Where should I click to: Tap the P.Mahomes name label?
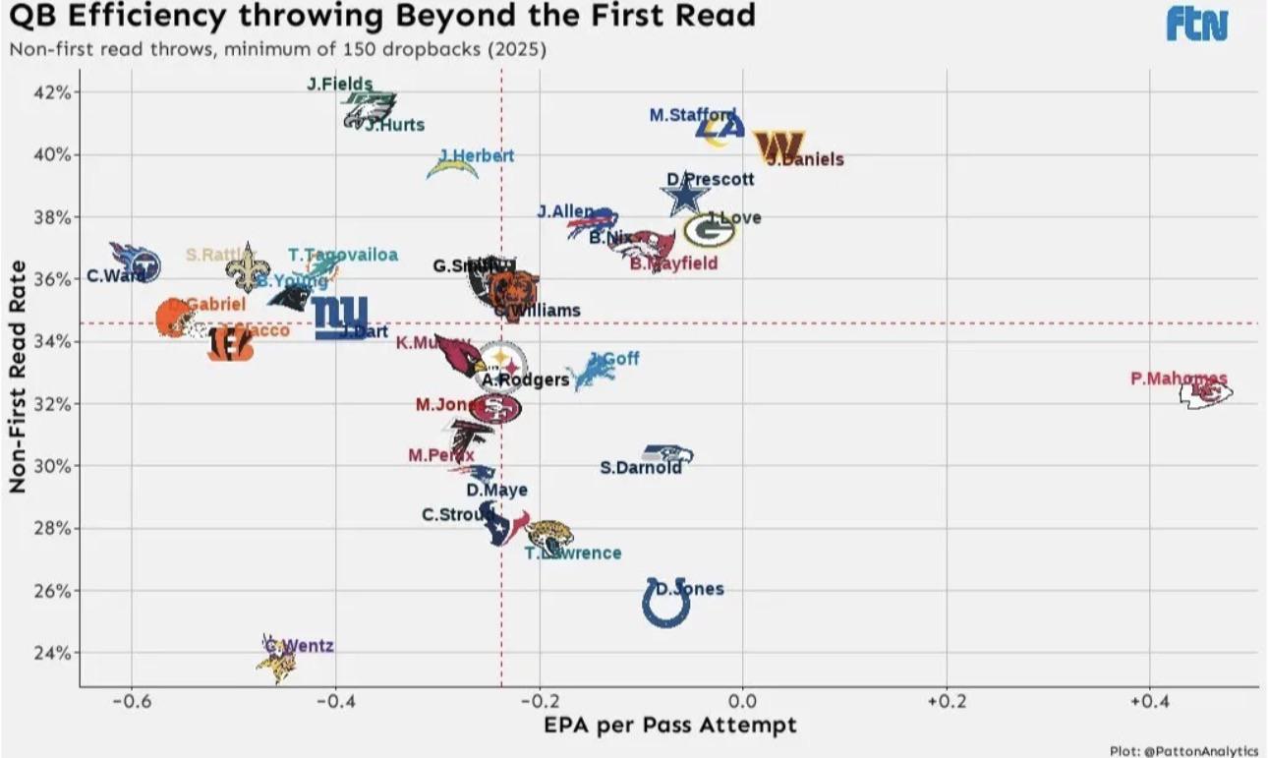[x=1179, y=378]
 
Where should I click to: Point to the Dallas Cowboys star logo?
[x=685, y=199]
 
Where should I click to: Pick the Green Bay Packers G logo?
[x=709, y=230]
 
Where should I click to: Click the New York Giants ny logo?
[x=340, y=317]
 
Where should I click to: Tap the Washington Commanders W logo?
[x=778, y=146]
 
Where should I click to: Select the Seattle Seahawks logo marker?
[x=668, y=454]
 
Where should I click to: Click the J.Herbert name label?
[x=476, y=155]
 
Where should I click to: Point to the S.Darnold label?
[x=641, y=468]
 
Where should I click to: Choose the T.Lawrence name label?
[x=573, y=553]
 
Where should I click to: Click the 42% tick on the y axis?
[x=53, y=92]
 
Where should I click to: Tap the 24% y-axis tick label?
[x=53, y=653]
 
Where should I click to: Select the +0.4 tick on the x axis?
[x=1148, y=702]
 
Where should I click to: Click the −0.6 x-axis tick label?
[x=130, y=702]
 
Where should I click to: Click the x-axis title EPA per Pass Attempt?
[x=669, y=726]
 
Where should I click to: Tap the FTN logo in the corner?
[x=1197, y=25]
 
